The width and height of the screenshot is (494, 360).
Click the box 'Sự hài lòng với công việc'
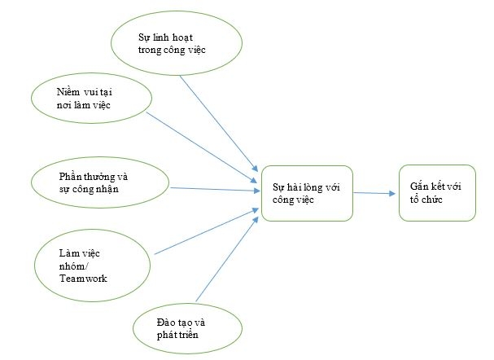[x=306, y=192]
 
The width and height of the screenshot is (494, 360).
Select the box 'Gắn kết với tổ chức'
[x=437, y=192]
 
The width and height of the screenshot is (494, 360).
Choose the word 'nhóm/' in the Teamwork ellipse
[x=74, y=265]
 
